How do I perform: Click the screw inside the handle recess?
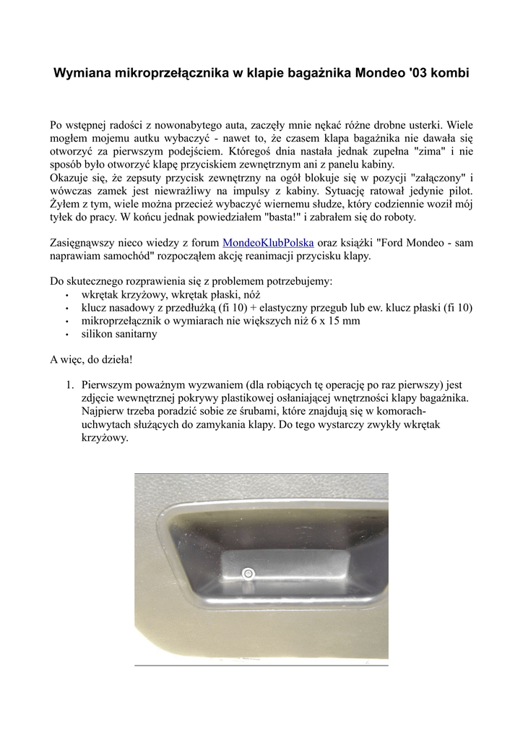[x=248, y=573]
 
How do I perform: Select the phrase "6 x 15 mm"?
[x=336, y=321]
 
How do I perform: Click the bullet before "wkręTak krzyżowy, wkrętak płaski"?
[x=66, y=296]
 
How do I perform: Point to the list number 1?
[x=71, y=385]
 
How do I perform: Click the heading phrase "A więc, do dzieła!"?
[x=91, y=359]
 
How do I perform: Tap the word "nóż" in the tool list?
[x=251, y=295]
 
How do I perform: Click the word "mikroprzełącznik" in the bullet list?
[x=124, y=321]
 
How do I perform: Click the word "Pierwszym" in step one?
[x=108, y=385]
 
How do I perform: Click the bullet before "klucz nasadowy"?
[x=66, y=309]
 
